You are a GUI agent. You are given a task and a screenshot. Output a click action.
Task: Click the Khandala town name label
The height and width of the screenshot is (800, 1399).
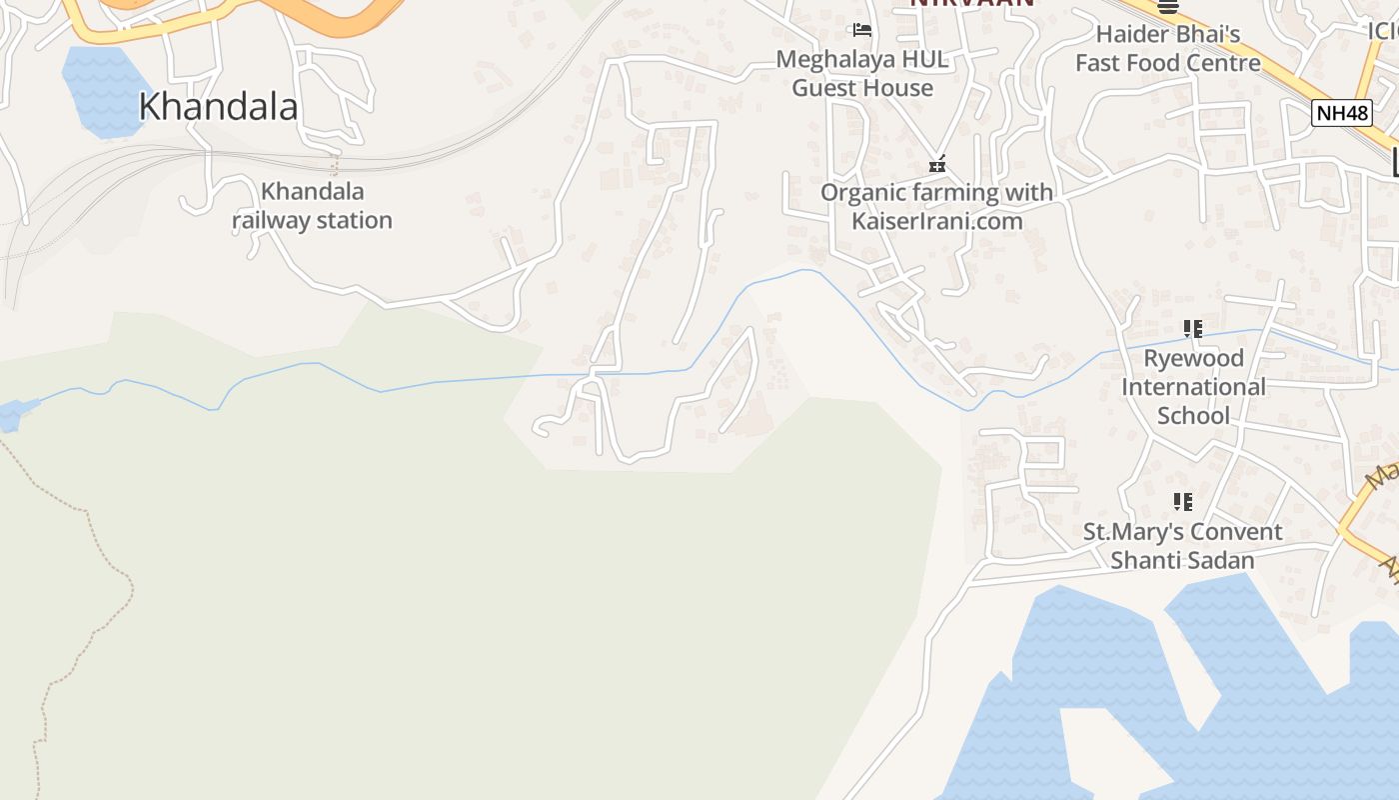(218, 106)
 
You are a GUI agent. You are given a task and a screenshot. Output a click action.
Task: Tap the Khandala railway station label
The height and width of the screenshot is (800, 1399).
(312, 206)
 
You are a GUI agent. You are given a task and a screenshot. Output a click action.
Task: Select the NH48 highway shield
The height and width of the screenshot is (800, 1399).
(1341, 113)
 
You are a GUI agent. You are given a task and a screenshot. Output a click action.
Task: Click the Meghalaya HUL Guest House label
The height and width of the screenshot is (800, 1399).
(862, 73)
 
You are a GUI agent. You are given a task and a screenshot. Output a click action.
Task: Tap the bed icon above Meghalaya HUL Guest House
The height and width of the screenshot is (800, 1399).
(862, 30)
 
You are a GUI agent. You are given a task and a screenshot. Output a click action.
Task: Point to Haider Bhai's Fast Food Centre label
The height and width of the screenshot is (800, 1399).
(1167, 48)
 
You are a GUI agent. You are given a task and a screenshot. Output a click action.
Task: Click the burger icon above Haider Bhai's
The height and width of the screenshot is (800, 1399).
(1167, 6)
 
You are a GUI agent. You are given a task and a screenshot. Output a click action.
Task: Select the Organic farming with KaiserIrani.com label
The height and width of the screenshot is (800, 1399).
(936, 206)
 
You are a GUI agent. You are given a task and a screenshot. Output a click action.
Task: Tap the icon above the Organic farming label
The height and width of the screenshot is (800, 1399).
(937, 164)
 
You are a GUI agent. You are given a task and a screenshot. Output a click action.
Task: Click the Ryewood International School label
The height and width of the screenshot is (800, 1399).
(1193, 386)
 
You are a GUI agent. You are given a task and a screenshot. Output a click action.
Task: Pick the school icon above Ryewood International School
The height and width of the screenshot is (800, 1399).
(1192, 328)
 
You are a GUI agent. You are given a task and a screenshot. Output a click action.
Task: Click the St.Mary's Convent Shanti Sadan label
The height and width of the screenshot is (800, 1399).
(1182, 546)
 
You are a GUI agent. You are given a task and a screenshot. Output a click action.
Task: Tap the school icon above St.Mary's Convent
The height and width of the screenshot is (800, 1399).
(1183, 501)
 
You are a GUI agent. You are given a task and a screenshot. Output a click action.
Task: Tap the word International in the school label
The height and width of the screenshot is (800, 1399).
(1193, 386)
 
